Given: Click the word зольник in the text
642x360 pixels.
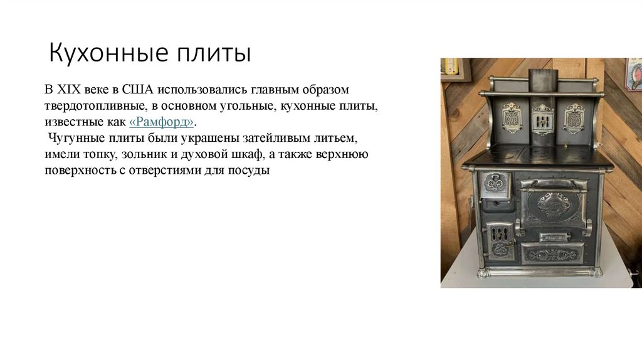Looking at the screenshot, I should [x=147, y=154].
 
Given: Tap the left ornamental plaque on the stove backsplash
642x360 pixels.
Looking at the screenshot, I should [x=512, y=117].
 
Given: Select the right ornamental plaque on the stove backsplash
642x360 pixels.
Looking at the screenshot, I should [x=574, y=117].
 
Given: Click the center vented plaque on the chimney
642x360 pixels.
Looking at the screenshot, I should [x=542, y=118].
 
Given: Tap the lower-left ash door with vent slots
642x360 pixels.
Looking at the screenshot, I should [x=499, y=240].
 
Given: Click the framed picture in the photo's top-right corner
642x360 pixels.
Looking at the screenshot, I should [x=633, y=75].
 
